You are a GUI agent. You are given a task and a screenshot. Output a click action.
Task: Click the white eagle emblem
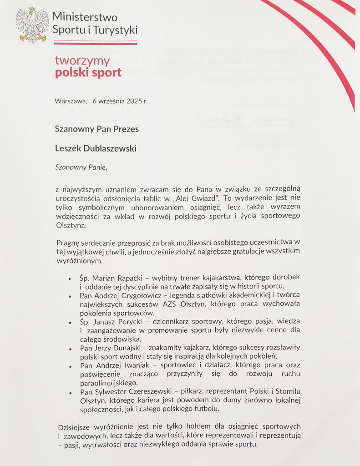32,25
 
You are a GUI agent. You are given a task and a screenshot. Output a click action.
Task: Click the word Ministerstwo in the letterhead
85,18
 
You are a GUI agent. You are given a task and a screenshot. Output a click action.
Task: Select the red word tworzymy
82,61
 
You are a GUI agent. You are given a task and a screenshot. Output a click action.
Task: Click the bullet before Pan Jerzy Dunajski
69,349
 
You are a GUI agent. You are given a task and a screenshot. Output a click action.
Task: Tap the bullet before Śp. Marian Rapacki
69,278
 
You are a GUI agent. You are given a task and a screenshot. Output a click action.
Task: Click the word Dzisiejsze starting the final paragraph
79,427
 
